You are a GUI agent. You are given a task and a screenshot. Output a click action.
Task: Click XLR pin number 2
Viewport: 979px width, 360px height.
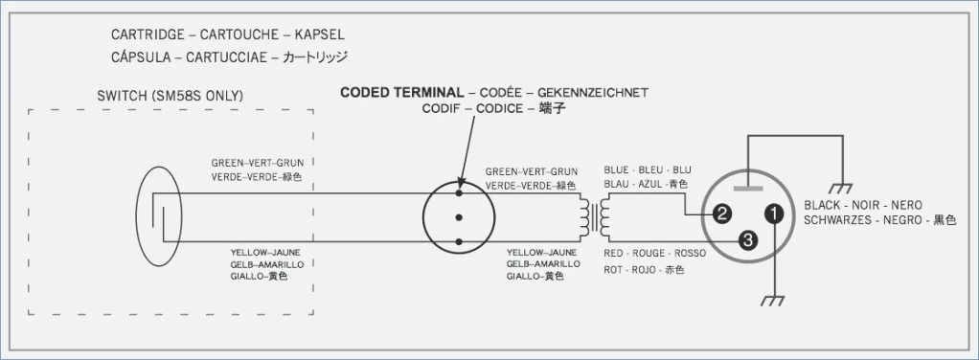click(x=721, y=214)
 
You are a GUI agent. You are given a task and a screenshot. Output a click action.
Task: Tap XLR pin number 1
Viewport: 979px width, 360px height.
click(x=774, y=214)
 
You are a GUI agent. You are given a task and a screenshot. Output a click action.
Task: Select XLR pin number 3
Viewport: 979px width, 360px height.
click(x=748, y=240)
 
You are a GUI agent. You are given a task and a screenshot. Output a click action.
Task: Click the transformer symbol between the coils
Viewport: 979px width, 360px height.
click(x=596, y=217)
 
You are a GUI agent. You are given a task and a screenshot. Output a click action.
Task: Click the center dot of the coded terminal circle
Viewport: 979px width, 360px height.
click(x=459, y=217)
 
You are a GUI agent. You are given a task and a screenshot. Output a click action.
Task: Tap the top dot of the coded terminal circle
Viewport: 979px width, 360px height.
click(x=459, y=193)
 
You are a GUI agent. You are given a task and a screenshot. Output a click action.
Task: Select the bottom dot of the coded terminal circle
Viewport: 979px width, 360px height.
click(x=459, y=241)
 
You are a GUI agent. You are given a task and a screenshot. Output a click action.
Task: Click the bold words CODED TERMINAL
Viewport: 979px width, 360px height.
click(x=402, y=92)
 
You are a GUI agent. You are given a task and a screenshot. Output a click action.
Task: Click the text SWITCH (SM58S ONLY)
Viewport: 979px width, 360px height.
click(x=171, y=96)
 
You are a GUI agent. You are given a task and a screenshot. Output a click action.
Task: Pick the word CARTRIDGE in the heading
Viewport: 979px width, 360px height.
click(x=148, y=34)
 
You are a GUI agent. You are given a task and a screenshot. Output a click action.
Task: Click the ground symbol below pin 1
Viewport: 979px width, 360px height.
click(x=773, y=302)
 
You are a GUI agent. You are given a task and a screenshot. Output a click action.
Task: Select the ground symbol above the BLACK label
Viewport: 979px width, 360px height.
click(x=842, y=188)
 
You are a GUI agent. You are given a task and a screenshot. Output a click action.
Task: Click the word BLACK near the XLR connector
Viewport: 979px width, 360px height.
click(x=822, y=205)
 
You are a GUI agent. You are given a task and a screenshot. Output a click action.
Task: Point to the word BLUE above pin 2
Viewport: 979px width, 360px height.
click(x=615, y=169)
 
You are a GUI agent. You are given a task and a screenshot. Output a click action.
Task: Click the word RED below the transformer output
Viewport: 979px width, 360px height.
click(x=614, y=254)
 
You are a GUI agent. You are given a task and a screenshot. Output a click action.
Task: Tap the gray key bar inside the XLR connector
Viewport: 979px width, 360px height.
click(x=748, y=188)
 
